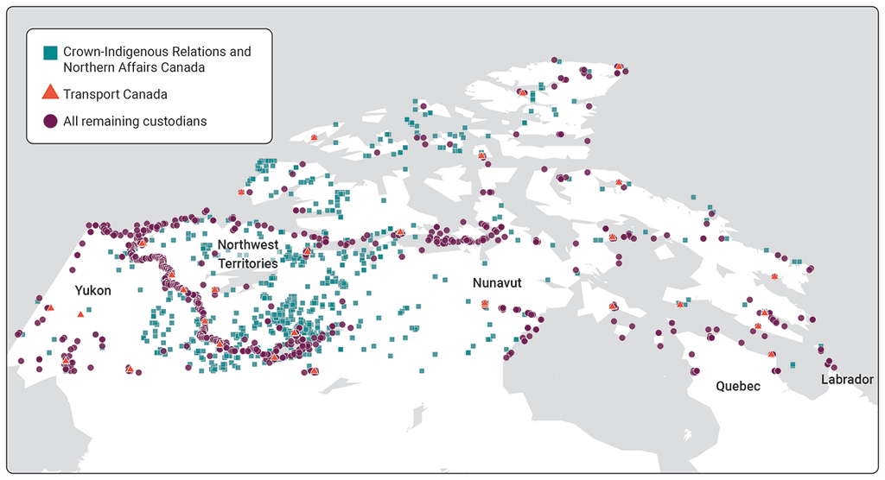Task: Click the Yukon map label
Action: (92, 291)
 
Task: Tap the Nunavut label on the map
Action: (497, 282)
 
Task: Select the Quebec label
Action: (738, 386)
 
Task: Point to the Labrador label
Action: (848, 379)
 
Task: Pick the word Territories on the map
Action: (247, 262)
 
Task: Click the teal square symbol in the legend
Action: (50, 53)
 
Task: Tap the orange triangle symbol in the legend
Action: (50, 93)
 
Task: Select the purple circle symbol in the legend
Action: (50, 122)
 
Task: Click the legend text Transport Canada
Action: (115, 94)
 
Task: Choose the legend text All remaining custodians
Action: (135, 121)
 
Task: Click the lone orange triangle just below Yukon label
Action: (80, 314)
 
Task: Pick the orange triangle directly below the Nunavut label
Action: (485, 304)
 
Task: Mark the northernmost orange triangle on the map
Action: (618, 66)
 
